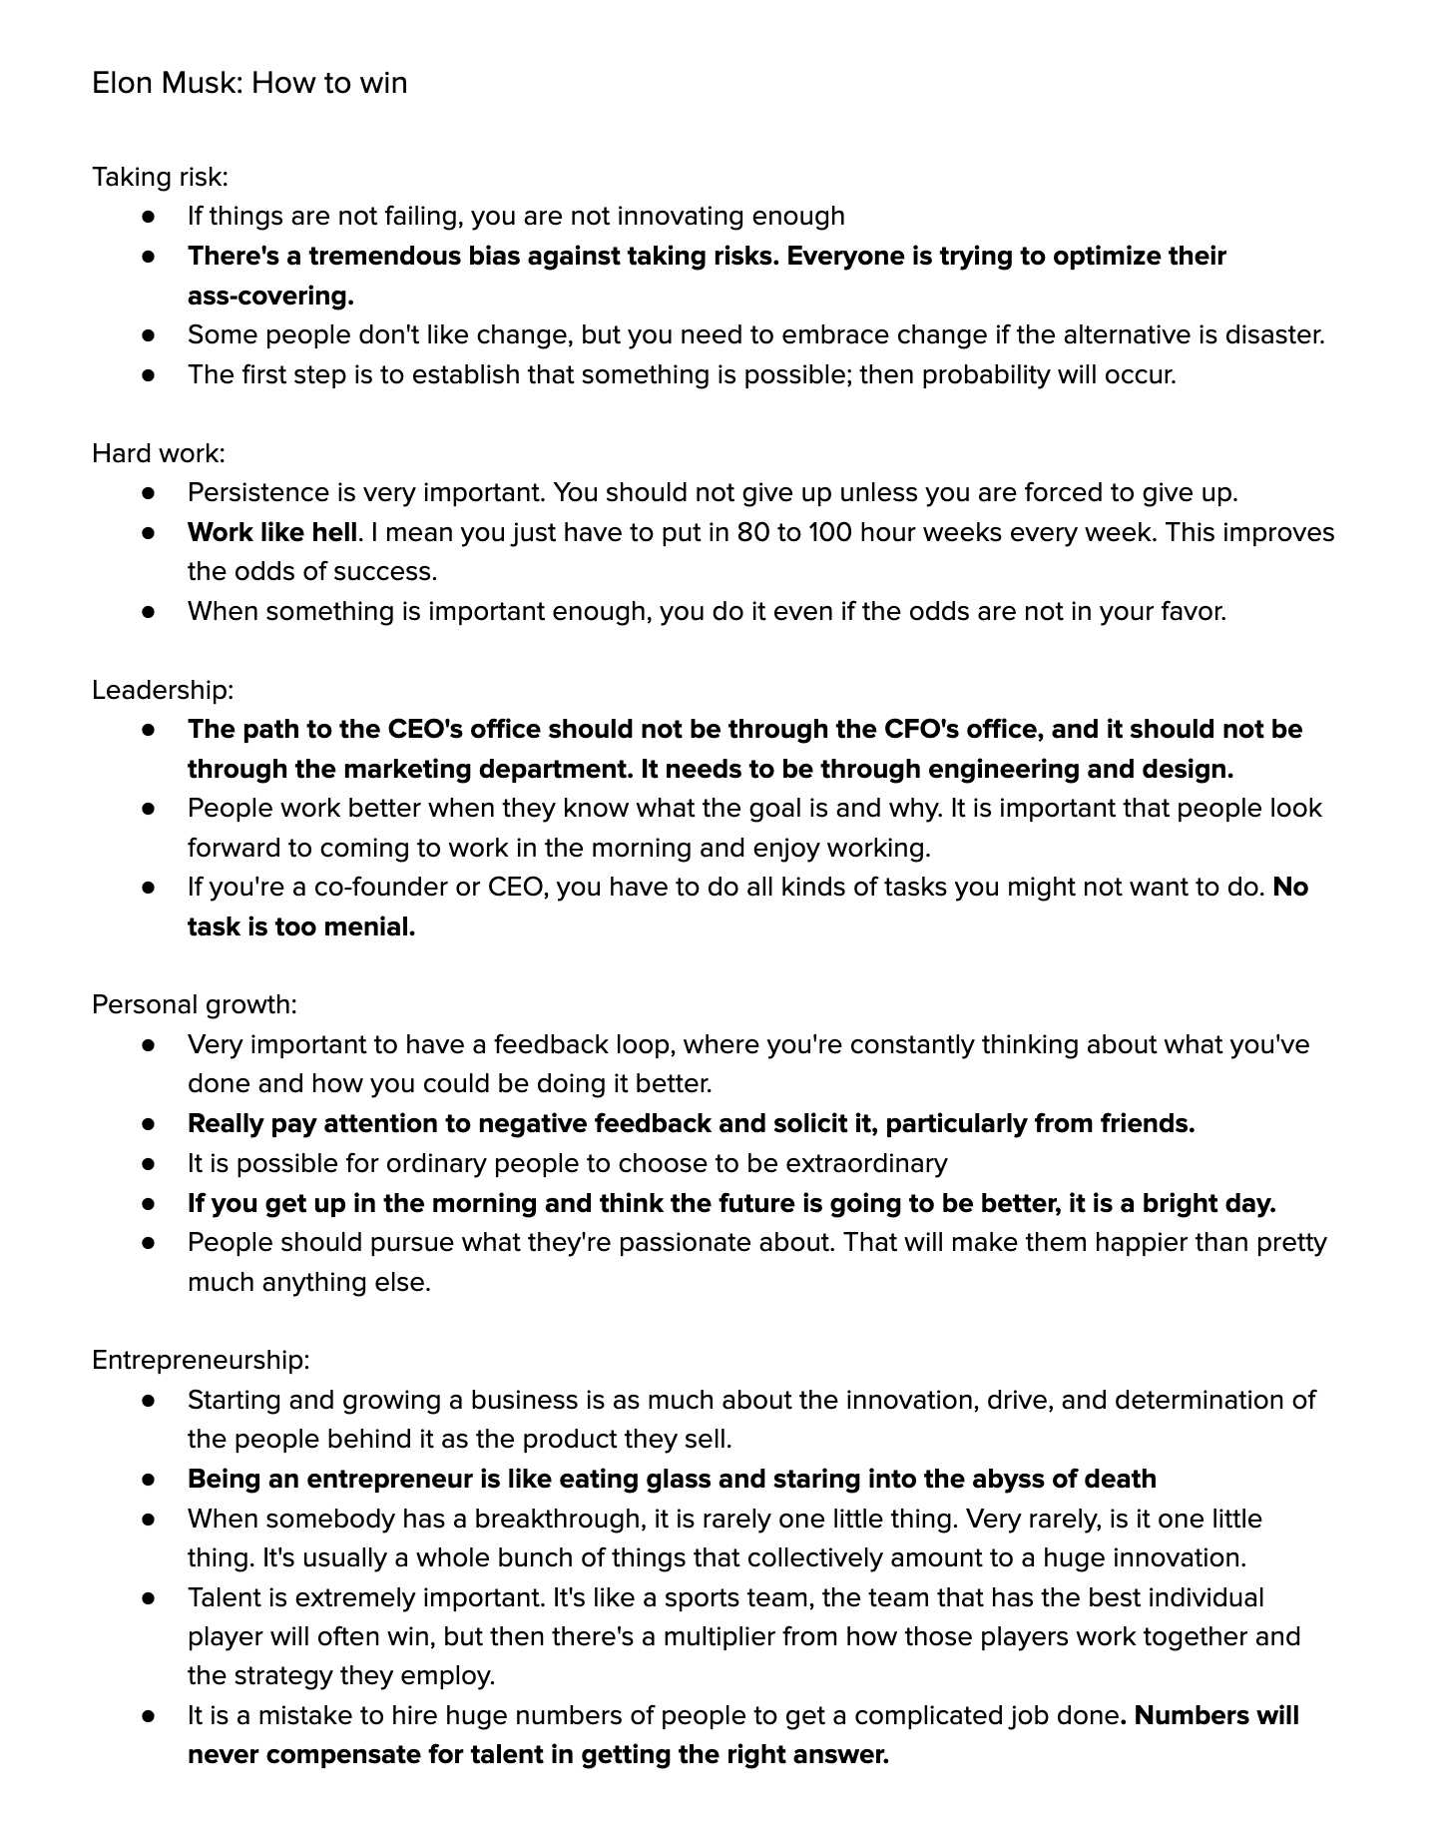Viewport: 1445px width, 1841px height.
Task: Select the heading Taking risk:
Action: click(160, 178)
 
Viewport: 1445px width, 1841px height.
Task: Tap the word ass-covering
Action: click(270, 297)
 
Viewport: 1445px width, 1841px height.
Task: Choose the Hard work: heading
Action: click(159, 454)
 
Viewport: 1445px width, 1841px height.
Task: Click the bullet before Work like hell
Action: click(149, 533)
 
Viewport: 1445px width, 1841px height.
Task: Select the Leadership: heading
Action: click(163, 691)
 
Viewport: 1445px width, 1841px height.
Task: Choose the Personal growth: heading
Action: click(195, 1005)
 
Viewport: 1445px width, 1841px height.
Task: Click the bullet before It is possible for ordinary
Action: click(149, 1164)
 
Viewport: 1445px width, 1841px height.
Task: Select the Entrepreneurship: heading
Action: click(201, 1361)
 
